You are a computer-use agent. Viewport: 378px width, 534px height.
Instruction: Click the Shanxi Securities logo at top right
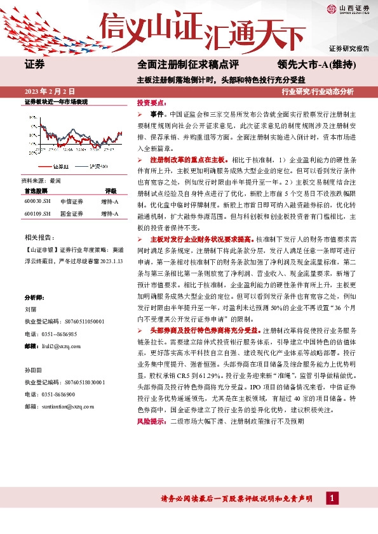348,9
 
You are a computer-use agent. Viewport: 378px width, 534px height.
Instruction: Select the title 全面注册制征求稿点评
187,64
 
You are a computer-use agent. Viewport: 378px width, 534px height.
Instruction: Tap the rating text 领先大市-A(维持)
316,64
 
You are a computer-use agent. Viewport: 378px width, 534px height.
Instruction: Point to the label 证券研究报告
349,49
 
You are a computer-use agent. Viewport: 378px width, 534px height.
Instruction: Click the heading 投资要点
151,101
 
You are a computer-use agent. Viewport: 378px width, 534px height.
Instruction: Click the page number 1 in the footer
332,500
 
